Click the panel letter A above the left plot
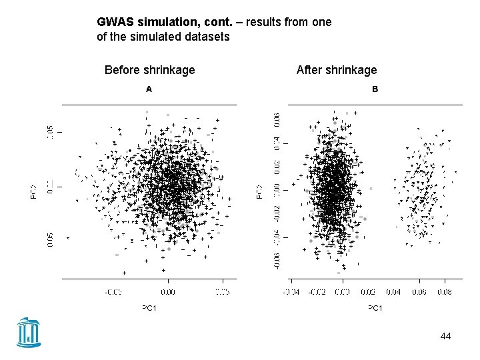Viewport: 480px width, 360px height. tap(149, 89)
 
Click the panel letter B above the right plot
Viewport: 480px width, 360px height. tap(375, 89)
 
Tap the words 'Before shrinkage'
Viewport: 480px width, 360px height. tap(150, 70)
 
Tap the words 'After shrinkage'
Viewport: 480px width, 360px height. tap(337, 70)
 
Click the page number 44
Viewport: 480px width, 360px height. tap(445, 336)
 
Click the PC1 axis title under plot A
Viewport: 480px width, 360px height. tap(149, 308)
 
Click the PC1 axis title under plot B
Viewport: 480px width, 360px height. tap(375, 308)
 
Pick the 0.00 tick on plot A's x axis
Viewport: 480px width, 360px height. tap(168, 291)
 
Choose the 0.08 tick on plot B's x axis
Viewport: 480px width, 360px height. tap(445, 291)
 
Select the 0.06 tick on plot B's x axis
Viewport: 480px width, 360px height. tap(419, 291)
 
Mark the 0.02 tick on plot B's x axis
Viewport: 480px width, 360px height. tap(368, 291)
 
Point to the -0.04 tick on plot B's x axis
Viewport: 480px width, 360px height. tap(291, 291)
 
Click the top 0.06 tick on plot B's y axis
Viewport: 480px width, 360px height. tap(277, 121)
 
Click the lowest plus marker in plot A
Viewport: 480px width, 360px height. tap(124, 273)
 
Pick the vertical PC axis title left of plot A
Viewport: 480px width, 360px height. tap(33, 192)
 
